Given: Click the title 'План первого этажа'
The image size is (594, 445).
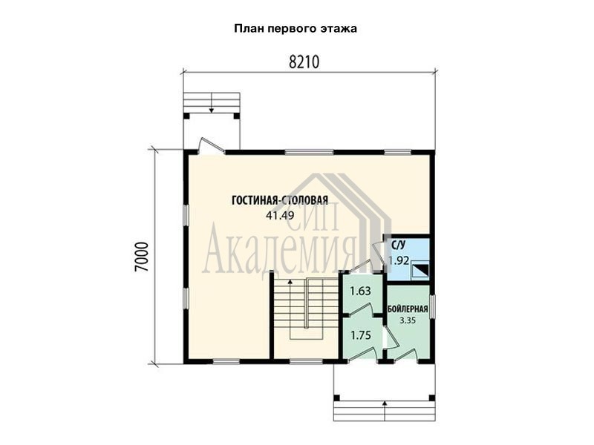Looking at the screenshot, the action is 296,29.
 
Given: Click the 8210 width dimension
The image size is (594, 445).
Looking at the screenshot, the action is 304,62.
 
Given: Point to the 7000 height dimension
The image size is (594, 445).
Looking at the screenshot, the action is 142,257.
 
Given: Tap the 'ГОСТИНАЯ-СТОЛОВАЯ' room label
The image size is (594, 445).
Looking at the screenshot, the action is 280,200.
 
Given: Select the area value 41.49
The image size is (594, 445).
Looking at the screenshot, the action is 280,215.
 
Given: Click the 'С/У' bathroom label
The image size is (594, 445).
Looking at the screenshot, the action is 398,245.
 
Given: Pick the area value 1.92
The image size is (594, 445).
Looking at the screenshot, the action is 399,260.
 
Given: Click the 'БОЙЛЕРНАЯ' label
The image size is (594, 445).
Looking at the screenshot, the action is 408,309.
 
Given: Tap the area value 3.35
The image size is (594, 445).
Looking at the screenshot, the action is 408,320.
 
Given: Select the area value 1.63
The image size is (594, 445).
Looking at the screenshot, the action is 360,291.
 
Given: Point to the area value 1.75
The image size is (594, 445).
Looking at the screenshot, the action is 361,335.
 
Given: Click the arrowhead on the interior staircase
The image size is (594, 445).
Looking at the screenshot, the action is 290,282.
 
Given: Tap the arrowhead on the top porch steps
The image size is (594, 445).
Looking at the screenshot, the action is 212,110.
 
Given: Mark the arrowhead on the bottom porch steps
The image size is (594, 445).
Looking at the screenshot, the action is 385,403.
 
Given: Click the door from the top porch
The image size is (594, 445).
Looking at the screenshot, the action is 212,146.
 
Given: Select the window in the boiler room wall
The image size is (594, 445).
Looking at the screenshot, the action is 433,307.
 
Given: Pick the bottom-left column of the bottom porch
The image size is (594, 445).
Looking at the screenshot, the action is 336,398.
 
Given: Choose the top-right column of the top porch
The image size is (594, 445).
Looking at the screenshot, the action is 237,116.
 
